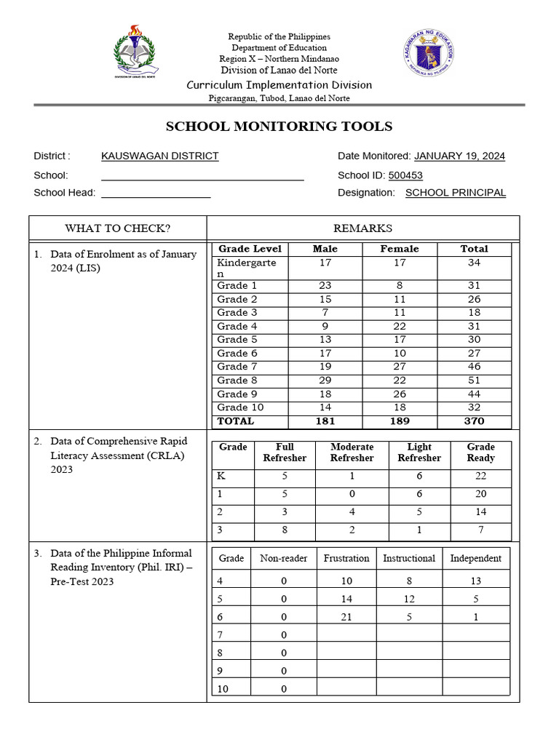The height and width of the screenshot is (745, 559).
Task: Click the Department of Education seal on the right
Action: (x=429, y=55)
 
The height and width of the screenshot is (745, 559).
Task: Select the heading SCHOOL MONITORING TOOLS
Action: (x=279, y=127)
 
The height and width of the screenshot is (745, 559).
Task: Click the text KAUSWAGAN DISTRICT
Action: (x=159, y=156)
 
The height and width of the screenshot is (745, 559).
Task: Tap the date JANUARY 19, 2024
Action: (x=459, y=156)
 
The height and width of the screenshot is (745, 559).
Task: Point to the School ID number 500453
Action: (x=405, y=175)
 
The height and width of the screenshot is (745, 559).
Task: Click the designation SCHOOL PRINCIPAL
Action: (x=455, y=193)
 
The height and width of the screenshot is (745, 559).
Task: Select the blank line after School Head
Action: (x=156, y=193)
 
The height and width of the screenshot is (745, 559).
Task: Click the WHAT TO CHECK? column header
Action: (x=117, y=228)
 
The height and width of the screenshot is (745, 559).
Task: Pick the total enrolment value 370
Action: (x=474, y=421)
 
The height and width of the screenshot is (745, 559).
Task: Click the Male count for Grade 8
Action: (x=325, y=381)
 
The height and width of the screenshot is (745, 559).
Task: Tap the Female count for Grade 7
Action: (x=400, y=367)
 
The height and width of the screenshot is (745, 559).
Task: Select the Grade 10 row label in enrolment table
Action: (x=240, y=407)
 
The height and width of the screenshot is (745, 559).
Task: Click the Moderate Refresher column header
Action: (x=352, y=453)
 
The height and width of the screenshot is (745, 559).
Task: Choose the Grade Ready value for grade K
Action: (x=480, y=476)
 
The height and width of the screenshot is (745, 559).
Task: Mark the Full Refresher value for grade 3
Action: (x=284, y=530)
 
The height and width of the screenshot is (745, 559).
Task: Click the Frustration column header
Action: (x=346, y=559)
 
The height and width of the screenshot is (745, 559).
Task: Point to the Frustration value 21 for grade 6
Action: (x=346, y=616)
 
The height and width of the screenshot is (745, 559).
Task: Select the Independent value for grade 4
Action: (x=475, y=581)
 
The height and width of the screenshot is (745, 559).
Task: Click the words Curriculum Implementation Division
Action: (x=279, y=85)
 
